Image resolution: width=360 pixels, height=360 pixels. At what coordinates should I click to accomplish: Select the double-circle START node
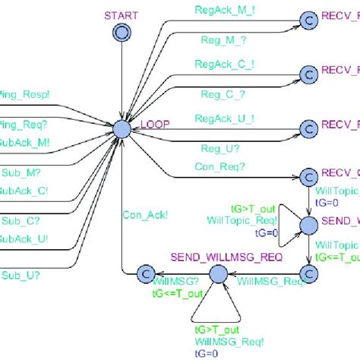121,31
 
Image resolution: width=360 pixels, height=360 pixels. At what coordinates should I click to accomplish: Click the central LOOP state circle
122,131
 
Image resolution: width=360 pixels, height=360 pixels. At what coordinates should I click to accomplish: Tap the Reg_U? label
219,148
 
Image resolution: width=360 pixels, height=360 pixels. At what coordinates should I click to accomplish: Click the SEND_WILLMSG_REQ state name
226,257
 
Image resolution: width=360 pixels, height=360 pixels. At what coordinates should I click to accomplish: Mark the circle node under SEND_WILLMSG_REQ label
217,274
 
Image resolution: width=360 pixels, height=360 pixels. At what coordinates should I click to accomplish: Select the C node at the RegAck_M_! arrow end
308,20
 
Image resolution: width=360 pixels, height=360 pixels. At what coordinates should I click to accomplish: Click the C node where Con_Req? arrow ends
308,177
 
